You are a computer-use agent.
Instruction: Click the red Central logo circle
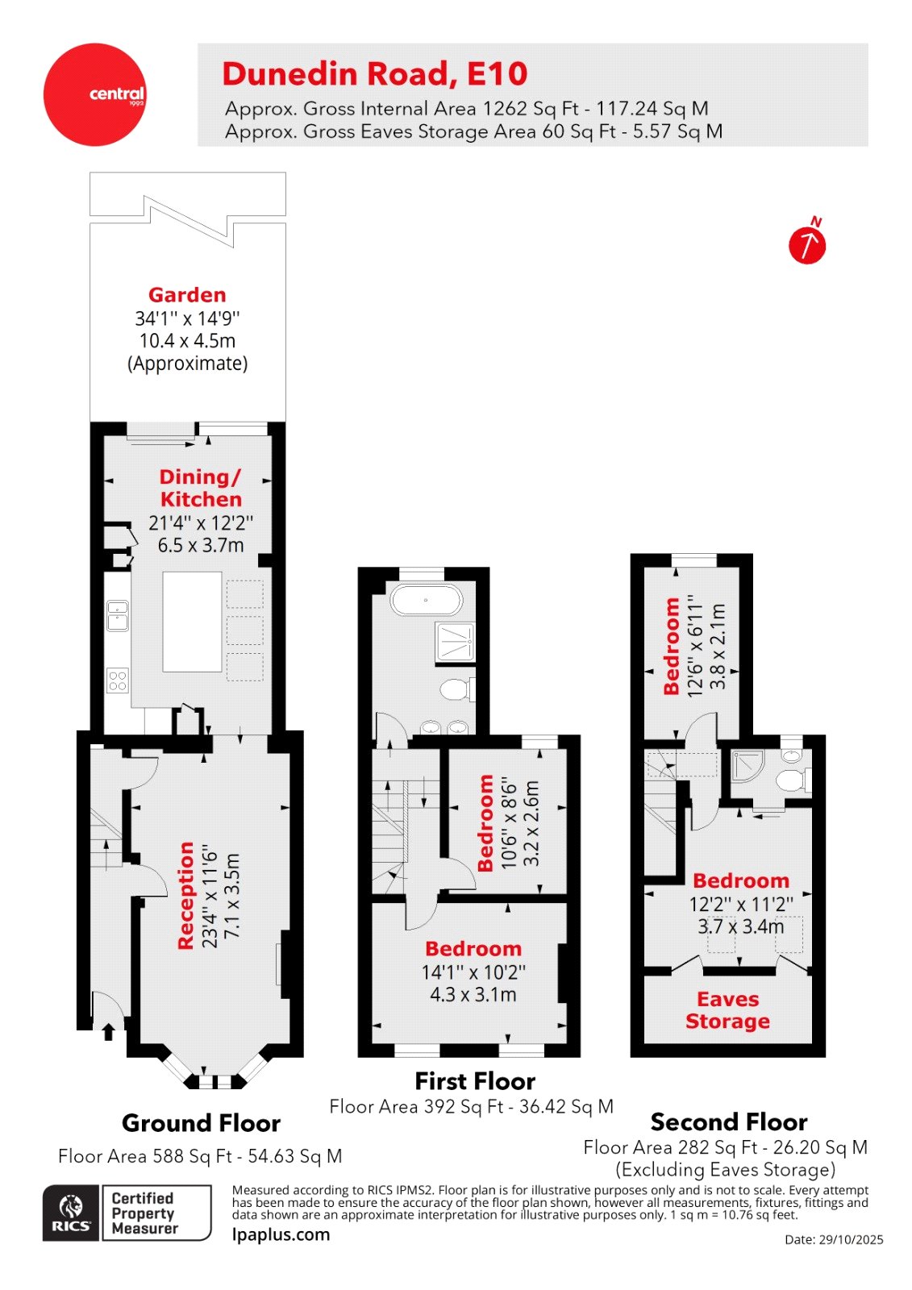[94, 94]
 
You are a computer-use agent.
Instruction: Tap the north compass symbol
[807, 245]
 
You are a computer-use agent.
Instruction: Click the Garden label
[187, 295]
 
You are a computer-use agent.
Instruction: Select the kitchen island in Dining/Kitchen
[192, 622]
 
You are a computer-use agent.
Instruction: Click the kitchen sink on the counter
[118, 615]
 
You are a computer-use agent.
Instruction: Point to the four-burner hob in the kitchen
[118, 680]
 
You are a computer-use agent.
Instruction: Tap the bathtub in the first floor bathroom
[427, 601]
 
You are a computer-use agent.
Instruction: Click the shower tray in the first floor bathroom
[455, 642]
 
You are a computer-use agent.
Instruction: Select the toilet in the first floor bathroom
[457, 689]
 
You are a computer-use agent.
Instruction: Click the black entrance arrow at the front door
[108, 1032]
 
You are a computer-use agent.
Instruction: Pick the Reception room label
[186, 895]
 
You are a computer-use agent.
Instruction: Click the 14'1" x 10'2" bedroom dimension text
[473, 972]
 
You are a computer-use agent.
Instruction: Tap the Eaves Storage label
[727, 1010]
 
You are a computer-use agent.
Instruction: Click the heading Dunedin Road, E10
[375, 74]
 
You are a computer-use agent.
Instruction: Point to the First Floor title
[475, 1081]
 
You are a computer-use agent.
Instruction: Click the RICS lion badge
[72, 1213]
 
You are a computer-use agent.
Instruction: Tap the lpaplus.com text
[281, 1234]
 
